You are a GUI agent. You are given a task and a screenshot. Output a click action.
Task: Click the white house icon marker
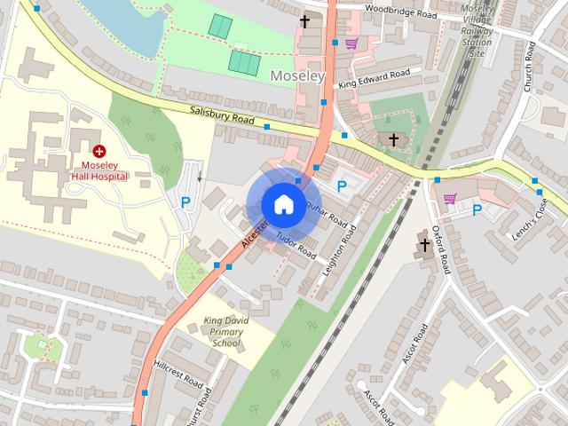(282, 204)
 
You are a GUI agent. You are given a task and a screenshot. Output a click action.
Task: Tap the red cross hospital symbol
(99, 152)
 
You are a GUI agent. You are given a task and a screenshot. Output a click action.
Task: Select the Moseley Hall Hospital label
(99, 170)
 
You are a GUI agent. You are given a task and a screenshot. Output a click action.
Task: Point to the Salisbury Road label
(222, 116)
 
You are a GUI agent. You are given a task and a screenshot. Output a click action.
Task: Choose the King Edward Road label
(374, 78)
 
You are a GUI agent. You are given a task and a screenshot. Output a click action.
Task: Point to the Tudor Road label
(296, 246)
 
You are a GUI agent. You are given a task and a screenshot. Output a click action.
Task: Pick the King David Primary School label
(221, 330)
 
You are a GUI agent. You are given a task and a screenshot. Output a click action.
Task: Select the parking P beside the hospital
(185, 202)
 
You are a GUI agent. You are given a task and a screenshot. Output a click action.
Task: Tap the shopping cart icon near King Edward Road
(351, 43)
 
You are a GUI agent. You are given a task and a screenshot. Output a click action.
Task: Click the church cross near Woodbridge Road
(304, 20)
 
